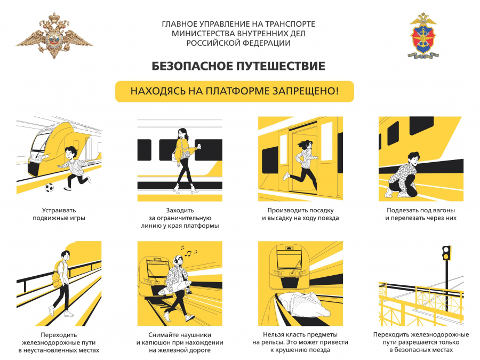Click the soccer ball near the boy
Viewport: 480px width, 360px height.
point(50,188)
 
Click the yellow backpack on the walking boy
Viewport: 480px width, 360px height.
point(57,274)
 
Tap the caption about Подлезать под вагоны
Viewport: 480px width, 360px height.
point(421,214)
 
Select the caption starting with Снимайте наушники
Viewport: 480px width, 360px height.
point(180,342)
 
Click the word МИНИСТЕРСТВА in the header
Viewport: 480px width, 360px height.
point(202,34)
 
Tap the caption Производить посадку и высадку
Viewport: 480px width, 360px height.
point(300,214)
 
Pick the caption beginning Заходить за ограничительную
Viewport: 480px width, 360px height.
point(180,218)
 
